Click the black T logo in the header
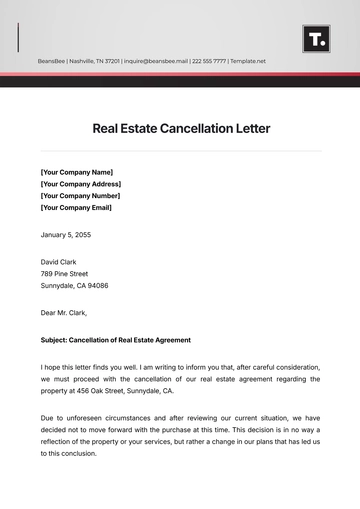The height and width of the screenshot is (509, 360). tap(316, 39)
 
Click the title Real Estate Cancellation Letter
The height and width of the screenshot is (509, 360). tap(181, 128)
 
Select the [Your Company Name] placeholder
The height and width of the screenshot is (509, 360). tap(76, 172)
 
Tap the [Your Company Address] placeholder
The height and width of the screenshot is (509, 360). tap(80, 184)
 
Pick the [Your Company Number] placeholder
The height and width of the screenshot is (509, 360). tap(80, 196)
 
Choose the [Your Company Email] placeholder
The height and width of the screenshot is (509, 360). tap(77, 208)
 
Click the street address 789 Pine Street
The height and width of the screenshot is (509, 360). tap(64, 273)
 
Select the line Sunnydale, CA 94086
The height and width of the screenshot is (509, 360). tap(74, 285)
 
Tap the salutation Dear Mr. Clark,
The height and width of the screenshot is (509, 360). tap(64, 313)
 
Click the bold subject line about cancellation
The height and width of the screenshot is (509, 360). tap(115, 340)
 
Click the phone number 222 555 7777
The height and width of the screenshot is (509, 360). tap(208, 61)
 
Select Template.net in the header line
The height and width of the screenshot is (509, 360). tap(249, 61)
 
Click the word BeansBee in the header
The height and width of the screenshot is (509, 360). tap(53, 61)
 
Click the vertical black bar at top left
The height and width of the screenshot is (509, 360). tap(18, 38)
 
